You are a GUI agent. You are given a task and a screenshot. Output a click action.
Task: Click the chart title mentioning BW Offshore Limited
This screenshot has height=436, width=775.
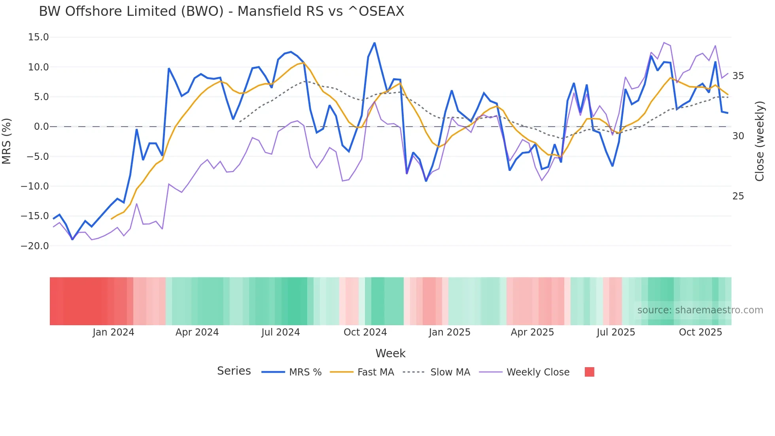pos(221,11)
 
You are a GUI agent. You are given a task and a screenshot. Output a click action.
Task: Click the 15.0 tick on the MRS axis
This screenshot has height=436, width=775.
pos(38,37)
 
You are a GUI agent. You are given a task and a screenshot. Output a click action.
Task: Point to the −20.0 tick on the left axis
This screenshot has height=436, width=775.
pos(35,246)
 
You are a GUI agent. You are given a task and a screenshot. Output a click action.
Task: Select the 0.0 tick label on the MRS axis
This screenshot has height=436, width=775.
pos(41,127)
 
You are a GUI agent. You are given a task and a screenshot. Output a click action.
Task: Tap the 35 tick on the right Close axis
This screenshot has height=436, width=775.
pos(738,76)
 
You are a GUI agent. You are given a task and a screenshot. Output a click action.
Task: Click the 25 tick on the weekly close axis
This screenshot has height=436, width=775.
pos(738,196)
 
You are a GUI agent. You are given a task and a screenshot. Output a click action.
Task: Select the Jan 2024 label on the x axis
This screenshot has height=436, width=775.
pos(113,332)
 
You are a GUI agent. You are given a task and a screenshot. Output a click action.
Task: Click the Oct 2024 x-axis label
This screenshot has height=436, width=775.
pos(365,332)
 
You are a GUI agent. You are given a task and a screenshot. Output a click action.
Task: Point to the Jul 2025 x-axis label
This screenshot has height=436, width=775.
pos(616,332)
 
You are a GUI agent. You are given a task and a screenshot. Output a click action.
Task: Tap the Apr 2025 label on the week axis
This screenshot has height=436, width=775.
pos(532,332)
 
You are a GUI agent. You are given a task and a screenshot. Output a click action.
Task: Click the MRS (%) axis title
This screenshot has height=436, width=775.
pos(7,141)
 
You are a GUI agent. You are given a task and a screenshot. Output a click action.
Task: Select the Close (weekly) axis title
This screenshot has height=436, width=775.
pos(759,141)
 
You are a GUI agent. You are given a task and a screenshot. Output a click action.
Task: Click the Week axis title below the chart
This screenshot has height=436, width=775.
pos(390,353)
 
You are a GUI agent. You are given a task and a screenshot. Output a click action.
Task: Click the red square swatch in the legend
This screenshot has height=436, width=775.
pos(589,372)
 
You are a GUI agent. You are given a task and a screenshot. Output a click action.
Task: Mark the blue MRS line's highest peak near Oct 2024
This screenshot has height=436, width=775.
pos(374,43)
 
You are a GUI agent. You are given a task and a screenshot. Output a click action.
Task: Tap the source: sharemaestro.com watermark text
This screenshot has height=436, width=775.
pos(700,310)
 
